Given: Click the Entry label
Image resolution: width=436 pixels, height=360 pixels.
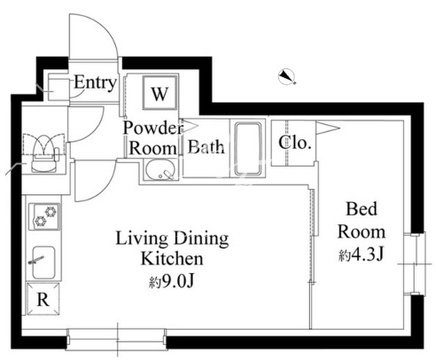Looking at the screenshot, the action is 95,82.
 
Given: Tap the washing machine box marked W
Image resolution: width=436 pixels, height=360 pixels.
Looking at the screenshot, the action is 160,93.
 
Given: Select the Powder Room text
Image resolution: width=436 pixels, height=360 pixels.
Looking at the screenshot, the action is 153,138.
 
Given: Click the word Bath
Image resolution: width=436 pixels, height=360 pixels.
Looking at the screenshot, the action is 206,147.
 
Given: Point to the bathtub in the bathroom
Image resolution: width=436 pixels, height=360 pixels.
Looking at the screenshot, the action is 248,149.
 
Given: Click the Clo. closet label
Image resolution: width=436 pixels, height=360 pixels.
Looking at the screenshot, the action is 295,143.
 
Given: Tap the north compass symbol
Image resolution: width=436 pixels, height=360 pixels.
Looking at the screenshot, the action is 287,77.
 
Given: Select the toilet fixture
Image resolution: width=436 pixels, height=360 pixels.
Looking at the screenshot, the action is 44,154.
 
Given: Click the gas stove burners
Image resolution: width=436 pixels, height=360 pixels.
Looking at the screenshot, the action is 46,216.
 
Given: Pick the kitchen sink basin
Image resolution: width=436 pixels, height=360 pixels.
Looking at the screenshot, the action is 44,262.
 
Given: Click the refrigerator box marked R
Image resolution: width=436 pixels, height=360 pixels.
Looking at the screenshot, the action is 43,299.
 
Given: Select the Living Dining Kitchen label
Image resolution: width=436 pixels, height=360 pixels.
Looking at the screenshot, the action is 172,248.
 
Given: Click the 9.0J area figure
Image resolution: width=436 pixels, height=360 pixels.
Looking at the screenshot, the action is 172,282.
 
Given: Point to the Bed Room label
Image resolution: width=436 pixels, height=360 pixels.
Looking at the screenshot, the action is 361,220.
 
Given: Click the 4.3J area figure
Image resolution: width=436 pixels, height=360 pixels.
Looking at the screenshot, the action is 362,256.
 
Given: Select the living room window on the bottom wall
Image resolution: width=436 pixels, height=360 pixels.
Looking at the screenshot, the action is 116,339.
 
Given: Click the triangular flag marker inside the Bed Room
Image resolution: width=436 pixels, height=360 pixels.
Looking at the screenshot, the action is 328,128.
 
